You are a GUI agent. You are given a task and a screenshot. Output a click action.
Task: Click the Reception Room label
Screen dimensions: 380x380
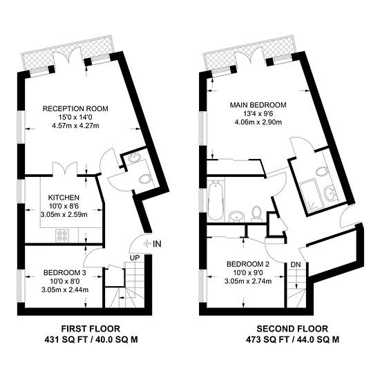(x=75, y=108)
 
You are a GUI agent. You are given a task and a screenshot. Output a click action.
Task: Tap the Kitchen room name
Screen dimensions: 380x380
(x=64, y=198)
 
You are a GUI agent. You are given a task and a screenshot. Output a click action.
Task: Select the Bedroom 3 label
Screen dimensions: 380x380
(x=65, y=273)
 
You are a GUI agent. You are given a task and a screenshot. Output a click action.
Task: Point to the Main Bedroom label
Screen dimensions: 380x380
(x=258, y=105)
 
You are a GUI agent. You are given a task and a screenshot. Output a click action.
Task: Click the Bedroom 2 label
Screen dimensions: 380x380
(x=248, y=264)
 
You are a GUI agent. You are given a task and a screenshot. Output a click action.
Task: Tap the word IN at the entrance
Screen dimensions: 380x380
(x=157, y=244)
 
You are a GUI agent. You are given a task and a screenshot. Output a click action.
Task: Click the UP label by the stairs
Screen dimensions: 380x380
(x=135, y=258)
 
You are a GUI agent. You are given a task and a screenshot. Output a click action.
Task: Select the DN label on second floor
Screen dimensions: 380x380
(x=296, y=265)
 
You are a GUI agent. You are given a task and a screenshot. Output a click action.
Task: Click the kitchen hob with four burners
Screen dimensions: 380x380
(x=62, y=236)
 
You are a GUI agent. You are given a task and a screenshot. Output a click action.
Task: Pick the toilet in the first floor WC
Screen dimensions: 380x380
(x=145, y=180)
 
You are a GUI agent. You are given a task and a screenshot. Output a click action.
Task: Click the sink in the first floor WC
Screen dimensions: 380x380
(x=134, y=158)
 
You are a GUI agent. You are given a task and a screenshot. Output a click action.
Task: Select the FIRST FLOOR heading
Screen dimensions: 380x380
(x=91, y=329)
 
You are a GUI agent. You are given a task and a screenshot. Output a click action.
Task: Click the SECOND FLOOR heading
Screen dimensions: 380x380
(x=292, y=329)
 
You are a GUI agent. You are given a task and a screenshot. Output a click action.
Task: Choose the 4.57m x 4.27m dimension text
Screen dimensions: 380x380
(x=75, y=126)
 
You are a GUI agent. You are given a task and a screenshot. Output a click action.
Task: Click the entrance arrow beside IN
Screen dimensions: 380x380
(x=147, y=243)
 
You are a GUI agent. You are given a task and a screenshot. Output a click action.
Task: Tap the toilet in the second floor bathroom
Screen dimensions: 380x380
(x=256, y=213)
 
